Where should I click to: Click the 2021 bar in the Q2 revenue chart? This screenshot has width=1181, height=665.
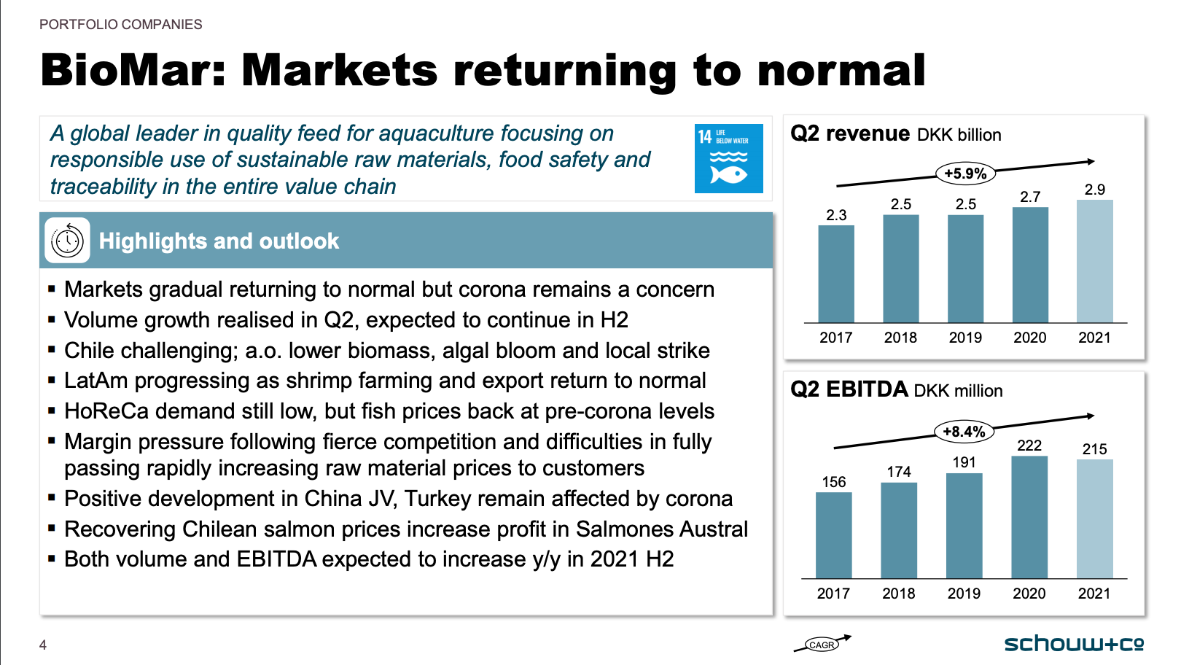[1094, 261]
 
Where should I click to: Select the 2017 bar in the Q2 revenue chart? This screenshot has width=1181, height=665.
[836, 274]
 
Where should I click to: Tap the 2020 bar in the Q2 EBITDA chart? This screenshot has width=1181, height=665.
[1029, 517]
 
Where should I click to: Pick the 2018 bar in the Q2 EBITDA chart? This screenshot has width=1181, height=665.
[899, 531]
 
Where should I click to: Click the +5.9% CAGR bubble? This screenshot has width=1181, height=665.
[965, 174]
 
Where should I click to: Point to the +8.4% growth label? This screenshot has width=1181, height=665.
[964, 432]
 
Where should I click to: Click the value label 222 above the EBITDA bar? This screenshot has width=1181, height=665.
[1029, 446]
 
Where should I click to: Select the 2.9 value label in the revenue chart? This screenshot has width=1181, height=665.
[1094, 190]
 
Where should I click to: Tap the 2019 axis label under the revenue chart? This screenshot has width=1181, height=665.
[965, 338]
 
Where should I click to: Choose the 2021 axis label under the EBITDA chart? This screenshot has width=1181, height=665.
[1094, 594]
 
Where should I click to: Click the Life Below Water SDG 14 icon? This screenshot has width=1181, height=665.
[728, 158]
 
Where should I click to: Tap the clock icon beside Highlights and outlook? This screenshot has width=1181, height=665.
[68, 241]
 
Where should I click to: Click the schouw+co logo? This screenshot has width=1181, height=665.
[1074, 644]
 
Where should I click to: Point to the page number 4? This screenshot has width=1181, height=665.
[43, 645]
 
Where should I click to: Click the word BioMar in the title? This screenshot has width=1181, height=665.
[133, 70]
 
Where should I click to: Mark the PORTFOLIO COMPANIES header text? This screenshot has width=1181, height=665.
[121, 24]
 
